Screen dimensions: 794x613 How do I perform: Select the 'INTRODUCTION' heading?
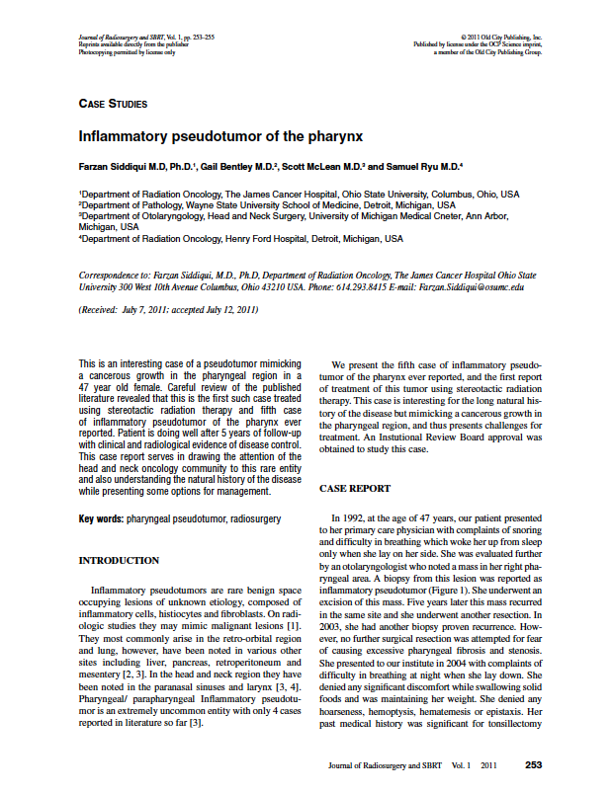(x=119, y=560)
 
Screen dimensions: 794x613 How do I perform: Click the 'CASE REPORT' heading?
(x=355, y=488)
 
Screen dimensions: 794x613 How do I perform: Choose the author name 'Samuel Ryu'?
(x=405, y=166)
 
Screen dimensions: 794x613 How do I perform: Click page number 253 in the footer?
(x=533, y=765)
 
